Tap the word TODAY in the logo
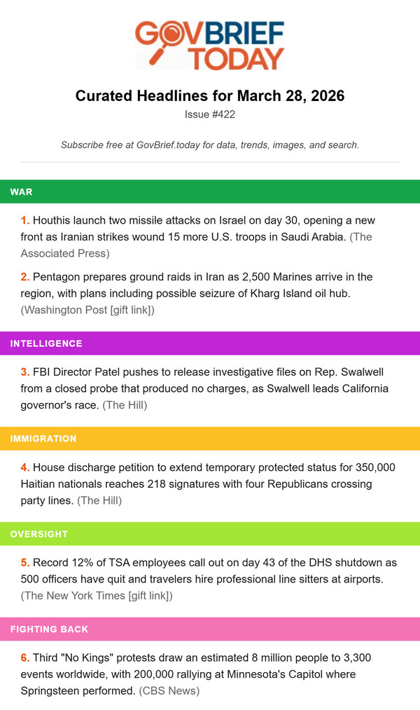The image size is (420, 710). point(237,57)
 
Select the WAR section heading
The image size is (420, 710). point(21,191)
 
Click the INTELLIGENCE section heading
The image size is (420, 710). point(46,343)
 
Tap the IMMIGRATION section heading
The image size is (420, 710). point(43,439)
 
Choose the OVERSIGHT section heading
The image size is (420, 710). point(39,534)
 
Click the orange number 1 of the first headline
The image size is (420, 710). point(25,220)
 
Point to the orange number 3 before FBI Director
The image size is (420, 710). point(25,371)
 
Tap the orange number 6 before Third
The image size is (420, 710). point(25,657)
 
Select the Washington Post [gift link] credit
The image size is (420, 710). point(88,310)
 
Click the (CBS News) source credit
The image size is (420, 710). point(169,690)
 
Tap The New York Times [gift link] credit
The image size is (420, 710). point(97,596)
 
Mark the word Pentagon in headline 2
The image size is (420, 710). point(60,277)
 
